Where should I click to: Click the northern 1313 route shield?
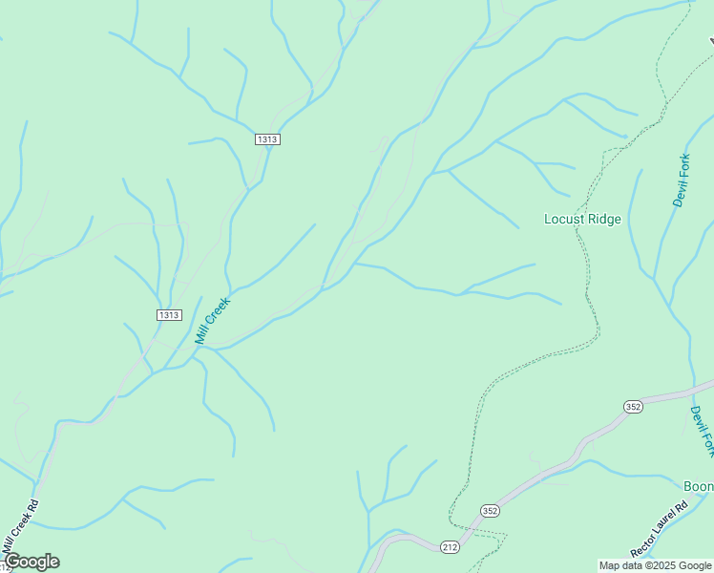(267, 139)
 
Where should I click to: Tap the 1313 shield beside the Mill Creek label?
(169, 315)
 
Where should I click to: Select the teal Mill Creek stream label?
(213, 319)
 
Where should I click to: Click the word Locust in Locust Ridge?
(563, 219)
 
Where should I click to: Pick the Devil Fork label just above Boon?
(702, 431)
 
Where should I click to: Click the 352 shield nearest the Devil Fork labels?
(635, 407)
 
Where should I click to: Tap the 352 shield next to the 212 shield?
(490, 511)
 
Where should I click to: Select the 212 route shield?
(451, 546)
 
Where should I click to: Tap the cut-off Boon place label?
(698, 486)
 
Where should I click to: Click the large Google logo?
(31, 562)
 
